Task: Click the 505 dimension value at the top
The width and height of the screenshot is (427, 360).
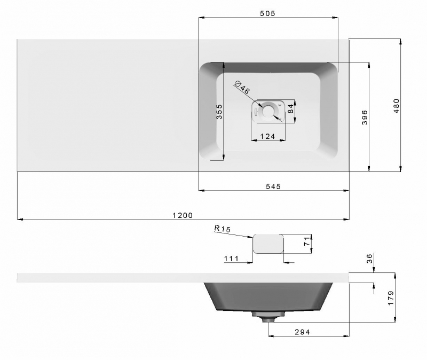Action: (x=267, y=13)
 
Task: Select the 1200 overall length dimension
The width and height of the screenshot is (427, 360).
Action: (x=183, y=215)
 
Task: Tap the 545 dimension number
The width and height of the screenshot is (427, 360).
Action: (x=272, y=186)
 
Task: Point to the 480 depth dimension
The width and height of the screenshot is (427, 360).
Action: (x=396, y=105)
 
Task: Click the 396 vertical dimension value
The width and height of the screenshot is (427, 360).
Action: (x=365, y=116)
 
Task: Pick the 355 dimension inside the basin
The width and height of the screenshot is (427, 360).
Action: (x=219, y=112)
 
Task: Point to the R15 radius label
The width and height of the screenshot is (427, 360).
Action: (x=222, y=229)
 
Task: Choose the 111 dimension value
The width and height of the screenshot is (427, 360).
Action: (x=231, y=259)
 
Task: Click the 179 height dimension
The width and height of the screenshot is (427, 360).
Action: (x=391, y=297)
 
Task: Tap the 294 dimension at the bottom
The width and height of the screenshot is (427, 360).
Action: (x=302, y=332)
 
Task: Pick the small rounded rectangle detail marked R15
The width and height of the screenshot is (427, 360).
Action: (x=267, y=244)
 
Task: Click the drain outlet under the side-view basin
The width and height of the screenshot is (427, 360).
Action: (x=267, y=317)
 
